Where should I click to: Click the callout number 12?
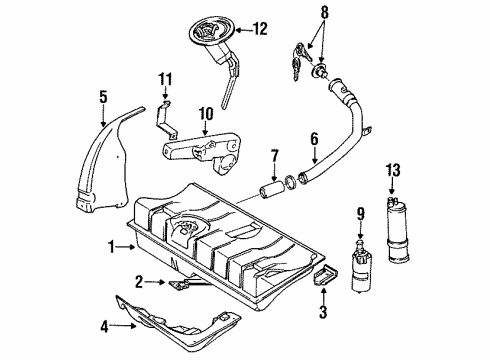click(x=260, y=29)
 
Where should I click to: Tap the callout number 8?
click(x=324, y=13)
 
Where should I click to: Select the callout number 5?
click(x=103, y=97)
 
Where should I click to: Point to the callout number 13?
click(x=393, y=170)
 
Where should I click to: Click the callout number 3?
click(x=323, y=312)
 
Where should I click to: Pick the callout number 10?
click(x=206, y=114)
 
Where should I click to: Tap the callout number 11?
click(x=165, y=79)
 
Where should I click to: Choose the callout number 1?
click(x=112, y=247)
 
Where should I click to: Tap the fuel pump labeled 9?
click(x=362, y=268)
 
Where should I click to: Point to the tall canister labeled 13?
click(x=399, y=229)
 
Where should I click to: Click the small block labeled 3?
click(x=325, y=275)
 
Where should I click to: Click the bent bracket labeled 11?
click(x=165, y=120)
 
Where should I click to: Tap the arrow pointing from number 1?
click(x=126, y=247)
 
